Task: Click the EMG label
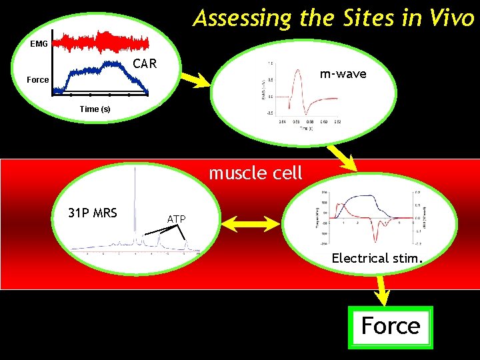pyautogui.click(x=39, y=45)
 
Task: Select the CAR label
pyautogui.click(x=145, y=64)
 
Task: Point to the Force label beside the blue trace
pyautogui.click(x=37, y=80)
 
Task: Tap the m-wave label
pyautogui.click(x=343, y=74)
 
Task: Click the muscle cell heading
pyautogui.click(x=255, y=173)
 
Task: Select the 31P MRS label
pyautogui.click(x=93, y=213)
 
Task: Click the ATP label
pyautogui.click(x=176, y=219)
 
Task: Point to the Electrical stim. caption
pyautogui.click(x=377, y=258)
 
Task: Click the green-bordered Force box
pyautogui.click(x=390, y=327)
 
